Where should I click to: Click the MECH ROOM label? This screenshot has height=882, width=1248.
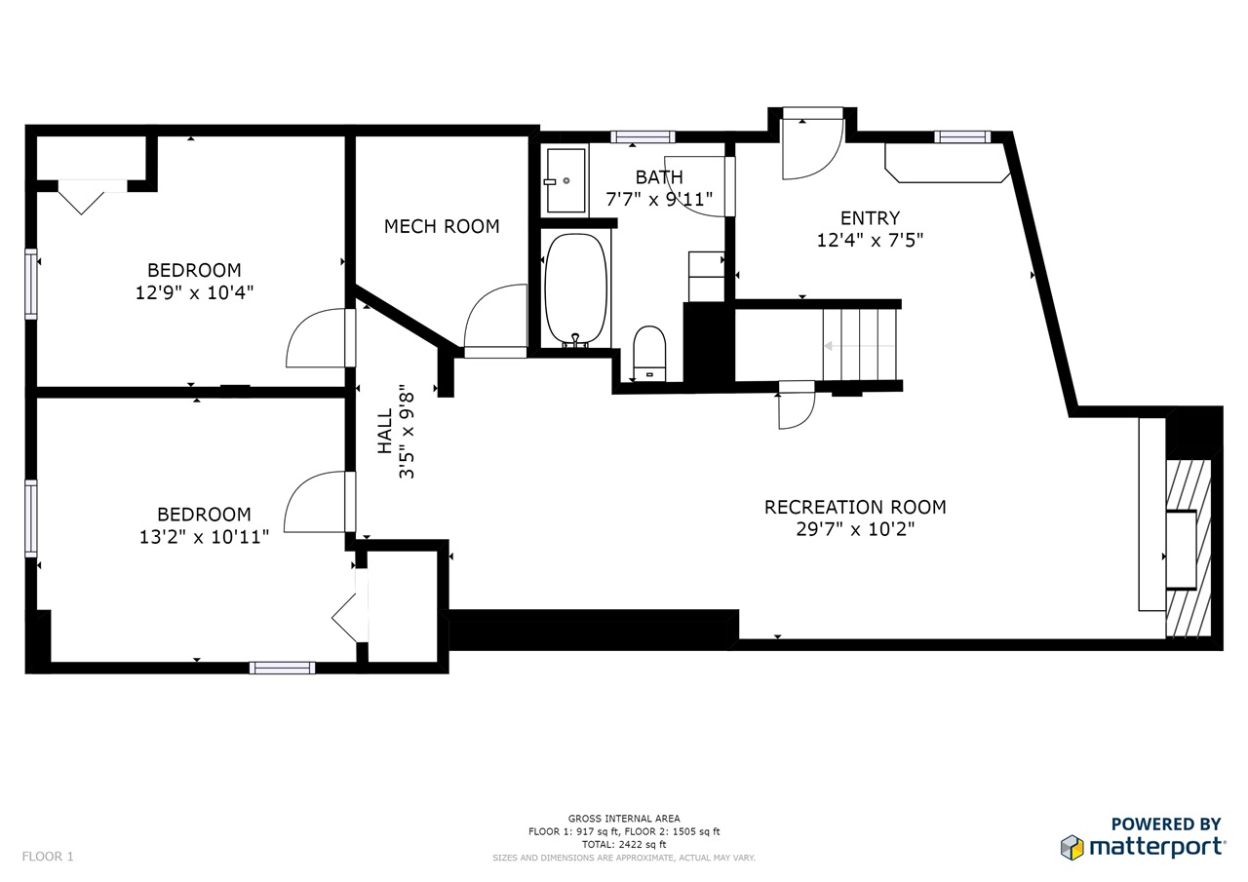442,226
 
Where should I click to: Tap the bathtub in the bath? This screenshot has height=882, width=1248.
575,288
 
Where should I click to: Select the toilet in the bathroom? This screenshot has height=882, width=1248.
649,354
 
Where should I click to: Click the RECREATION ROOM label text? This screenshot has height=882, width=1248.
855,507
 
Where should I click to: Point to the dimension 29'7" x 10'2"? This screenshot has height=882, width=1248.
855,528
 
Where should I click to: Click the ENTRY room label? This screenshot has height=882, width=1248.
870,217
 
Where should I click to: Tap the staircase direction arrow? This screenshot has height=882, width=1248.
859,346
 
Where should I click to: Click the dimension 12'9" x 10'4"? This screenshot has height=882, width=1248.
194,292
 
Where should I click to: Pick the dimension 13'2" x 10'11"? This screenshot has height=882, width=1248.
204,537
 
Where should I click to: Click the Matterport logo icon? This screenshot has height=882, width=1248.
1072,847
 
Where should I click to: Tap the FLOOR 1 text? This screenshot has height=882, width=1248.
48,857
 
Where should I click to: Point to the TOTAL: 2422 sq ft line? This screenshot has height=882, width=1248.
624,845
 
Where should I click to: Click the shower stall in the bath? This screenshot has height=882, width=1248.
566,180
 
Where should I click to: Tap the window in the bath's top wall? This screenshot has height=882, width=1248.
643,137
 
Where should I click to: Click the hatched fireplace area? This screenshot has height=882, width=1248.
1189,549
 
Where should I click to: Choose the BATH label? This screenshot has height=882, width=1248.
659,177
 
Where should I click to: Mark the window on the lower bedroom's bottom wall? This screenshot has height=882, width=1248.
282,668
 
